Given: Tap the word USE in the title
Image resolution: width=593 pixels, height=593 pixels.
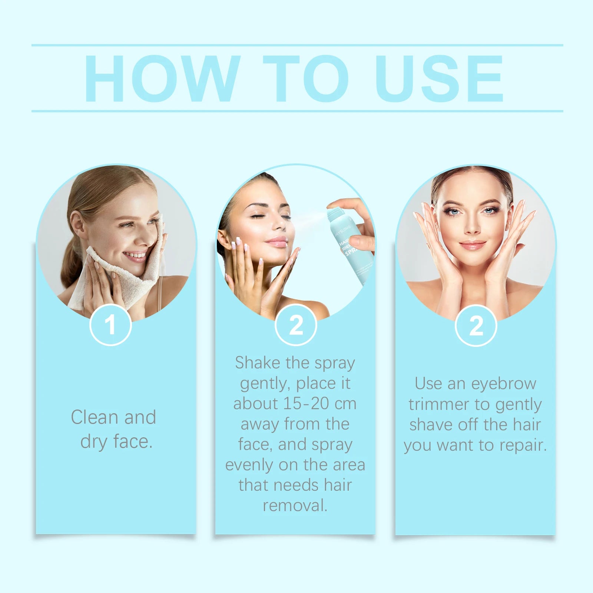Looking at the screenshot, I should tap(440, 79).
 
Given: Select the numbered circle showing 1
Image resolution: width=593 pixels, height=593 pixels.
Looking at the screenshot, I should tap(110, 325).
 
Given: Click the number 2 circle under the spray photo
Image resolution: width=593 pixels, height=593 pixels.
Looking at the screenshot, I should tap(296, 325).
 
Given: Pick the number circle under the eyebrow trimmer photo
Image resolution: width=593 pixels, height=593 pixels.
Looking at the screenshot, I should tap(476, 326).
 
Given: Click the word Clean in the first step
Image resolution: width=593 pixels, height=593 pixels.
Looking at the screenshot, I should tap(95, 417).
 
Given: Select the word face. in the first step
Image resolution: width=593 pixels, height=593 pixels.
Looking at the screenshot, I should tap(133, 442).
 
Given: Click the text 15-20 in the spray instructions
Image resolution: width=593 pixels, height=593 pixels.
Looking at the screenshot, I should tap(307, 404).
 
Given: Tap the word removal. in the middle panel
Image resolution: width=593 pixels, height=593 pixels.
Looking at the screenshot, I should tap(295, 506).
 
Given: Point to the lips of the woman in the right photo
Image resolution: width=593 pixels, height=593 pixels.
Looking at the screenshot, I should tap(472, 245).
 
